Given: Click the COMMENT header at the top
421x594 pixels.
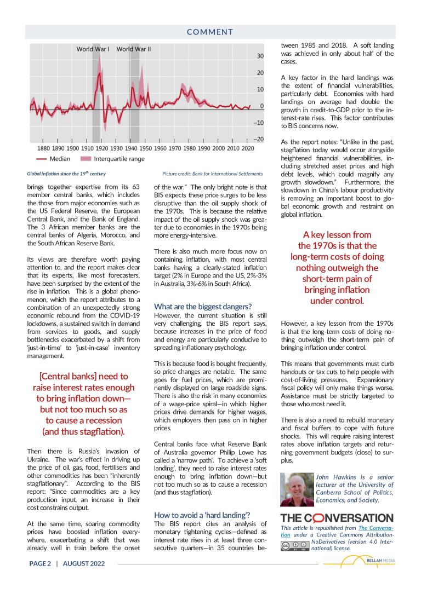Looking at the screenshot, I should coord(210,32).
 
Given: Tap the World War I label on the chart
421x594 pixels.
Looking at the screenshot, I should coord(93,49).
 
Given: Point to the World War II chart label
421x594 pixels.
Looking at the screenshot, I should coord(134,49).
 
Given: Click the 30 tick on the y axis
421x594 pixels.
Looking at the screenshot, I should coord(261,56).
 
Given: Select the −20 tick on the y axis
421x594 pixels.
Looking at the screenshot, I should coord(259,139).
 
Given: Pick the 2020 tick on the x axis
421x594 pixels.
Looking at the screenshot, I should coord(247,148).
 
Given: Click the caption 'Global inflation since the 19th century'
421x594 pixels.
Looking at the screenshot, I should coord(66,174).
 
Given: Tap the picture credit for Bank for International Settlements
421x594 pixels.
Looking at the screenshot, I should coord(213,174).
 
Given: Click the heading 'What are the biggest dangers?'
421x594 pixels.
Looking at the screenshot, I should coord(203,306).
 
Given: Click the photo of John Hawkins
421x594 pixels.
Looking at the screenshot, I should coord(297,489).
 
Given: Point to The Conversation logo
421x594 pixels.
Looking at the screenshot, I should coord(337,518).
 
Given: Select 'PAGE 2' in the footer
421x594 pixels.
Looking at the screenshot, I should coord(40,563).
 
